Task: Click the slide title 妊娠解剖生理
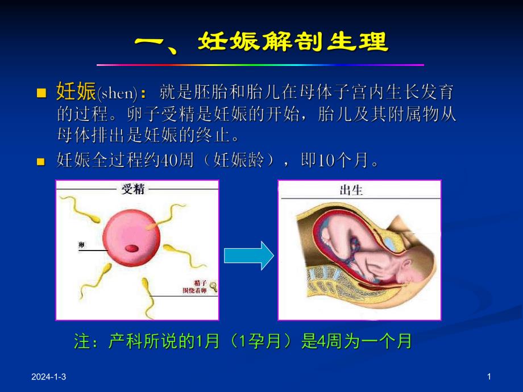[293, 42]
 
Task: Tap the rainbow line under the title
[260, 65]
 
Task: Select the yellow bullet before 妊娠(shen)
[40, 93]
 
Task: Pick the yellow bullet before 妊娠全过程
[40, 162]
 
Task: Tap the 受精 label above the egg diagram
[132, 189]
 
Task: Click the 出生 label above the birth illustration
[351, 190]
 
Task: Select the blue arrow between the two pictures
[248, 256]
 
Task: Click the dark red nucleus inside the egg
[131, 248]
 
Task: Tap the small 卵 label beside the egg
[81, 245]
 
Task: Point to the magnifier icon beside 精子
[213, 287]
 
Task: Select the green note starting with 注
[243, 341]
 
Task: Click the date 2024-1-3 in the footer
[48, 377]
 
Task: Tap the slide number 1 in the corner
[489, 377]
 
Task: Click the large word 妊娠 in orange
[76, 92]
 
